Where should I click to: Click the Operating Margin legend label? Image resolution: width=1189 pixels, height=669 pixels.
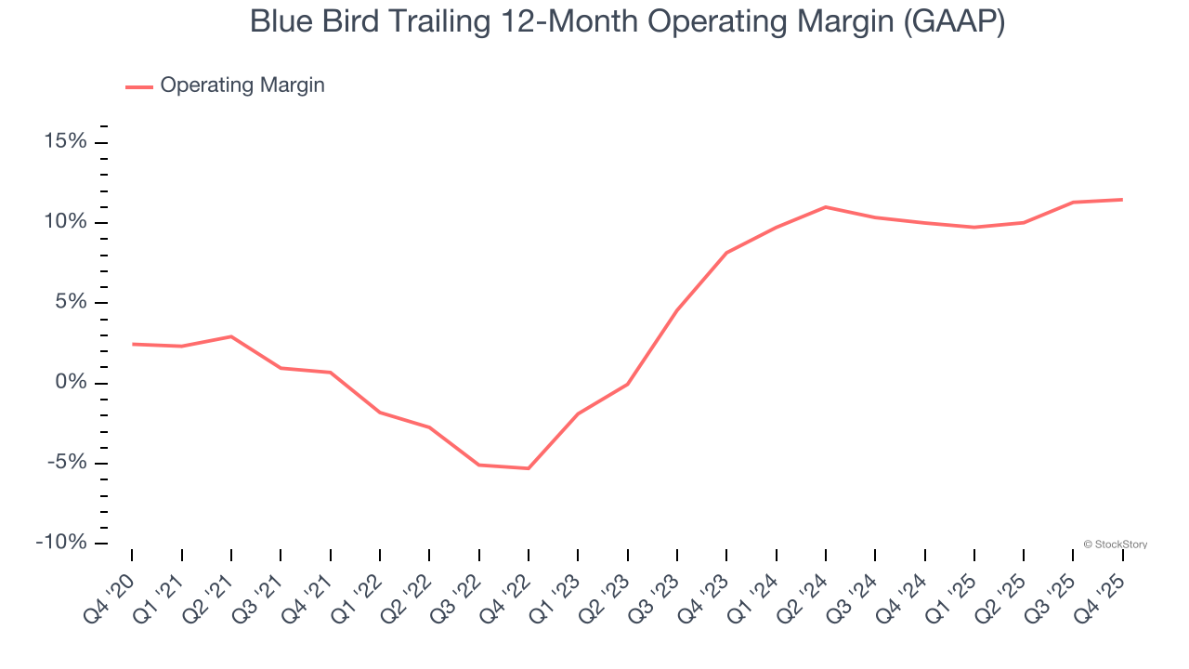[242, 85]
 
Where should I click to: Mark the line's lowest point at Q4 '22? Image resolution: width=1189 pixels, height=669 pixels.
[529, 468]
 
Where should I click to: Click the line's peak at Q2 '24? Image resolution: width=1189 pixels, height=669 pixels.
[826, 207]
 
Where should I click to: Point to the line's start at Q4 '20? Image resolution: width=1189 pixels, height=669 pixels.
[132, 344]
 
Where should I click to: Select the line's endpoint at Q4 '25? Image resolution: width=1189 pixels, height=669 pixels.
[1122, 200]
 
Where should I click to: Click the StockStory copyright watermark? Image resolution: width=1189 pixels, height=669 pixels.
[1115, 544]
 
